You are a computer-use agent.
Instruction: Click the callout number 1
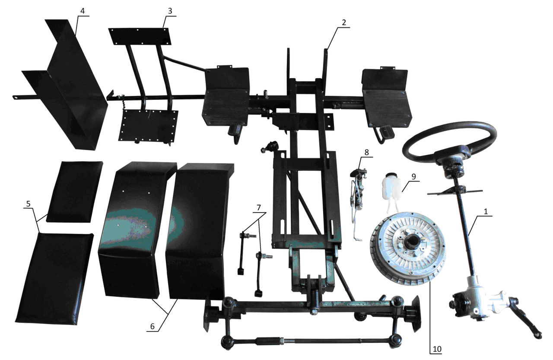coord(486,212)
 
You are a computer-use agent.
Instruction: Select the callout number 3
coord(170,11)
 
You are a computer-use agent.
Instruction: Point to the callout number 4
coord(83,11)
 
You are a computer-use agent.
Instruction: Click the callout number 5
coord(28,204)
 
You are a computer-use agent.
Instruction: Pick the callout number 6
coord(153,326)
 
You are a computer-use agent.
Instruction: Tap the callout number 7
coord(258,207)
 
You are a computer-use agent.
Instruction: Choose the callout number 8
coord(366,153)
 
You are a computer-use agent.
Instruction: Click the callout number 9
coord(413,177)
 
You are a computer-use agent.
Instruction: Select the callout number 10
coord(437,349)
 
